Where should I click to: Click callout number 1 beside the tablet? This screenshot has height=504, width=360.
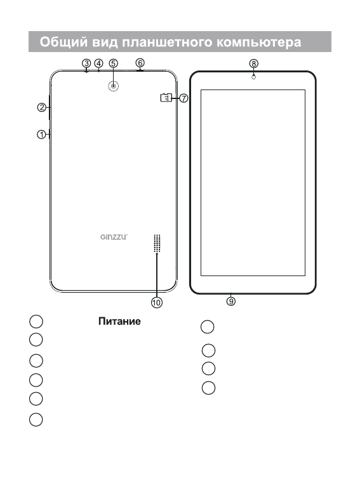(x=41, y=135)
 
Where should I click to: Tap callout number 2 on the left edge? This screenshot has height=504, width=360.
(x=42, y=107)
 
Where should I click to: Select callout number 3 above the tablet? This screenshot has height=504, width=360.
(x=86, y=63)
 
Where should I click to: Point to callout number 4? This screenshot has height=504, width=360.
(x=98, y=63)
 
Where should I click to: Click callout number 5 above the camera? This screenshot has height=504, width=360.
(x=113, y=63)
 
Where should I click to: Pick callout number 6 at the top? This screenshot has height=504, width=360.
(x=140, y=63)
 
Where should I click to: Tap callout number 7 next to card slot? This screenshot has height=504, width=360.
(x=183, y=98)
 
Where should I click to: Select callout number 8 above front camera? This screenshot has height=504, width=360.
(x=253, y=63)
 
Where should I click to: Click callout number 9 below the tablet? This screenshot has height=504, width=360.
(x=231, y=301)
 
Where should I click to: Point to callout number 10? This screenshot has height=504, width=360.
(x=157, y=303)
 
